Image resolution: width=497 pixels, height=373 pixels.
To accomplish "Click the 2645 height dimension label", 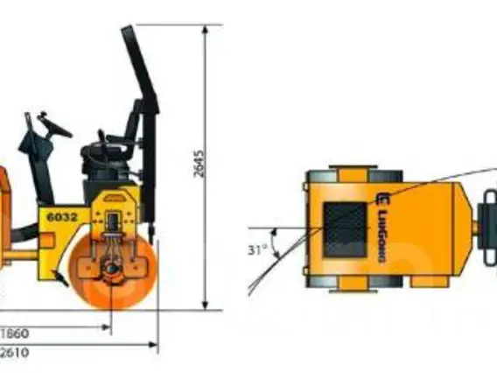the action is pyautogui.click(x=199, y=164).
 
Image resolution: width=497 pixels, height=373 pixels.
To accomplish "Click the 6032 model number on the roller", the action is pyautogui.click(x=62, y=217).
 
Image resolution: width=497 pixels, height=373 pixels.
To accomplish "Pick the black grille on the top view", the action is pyautogui.click(x=345, y=230).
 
